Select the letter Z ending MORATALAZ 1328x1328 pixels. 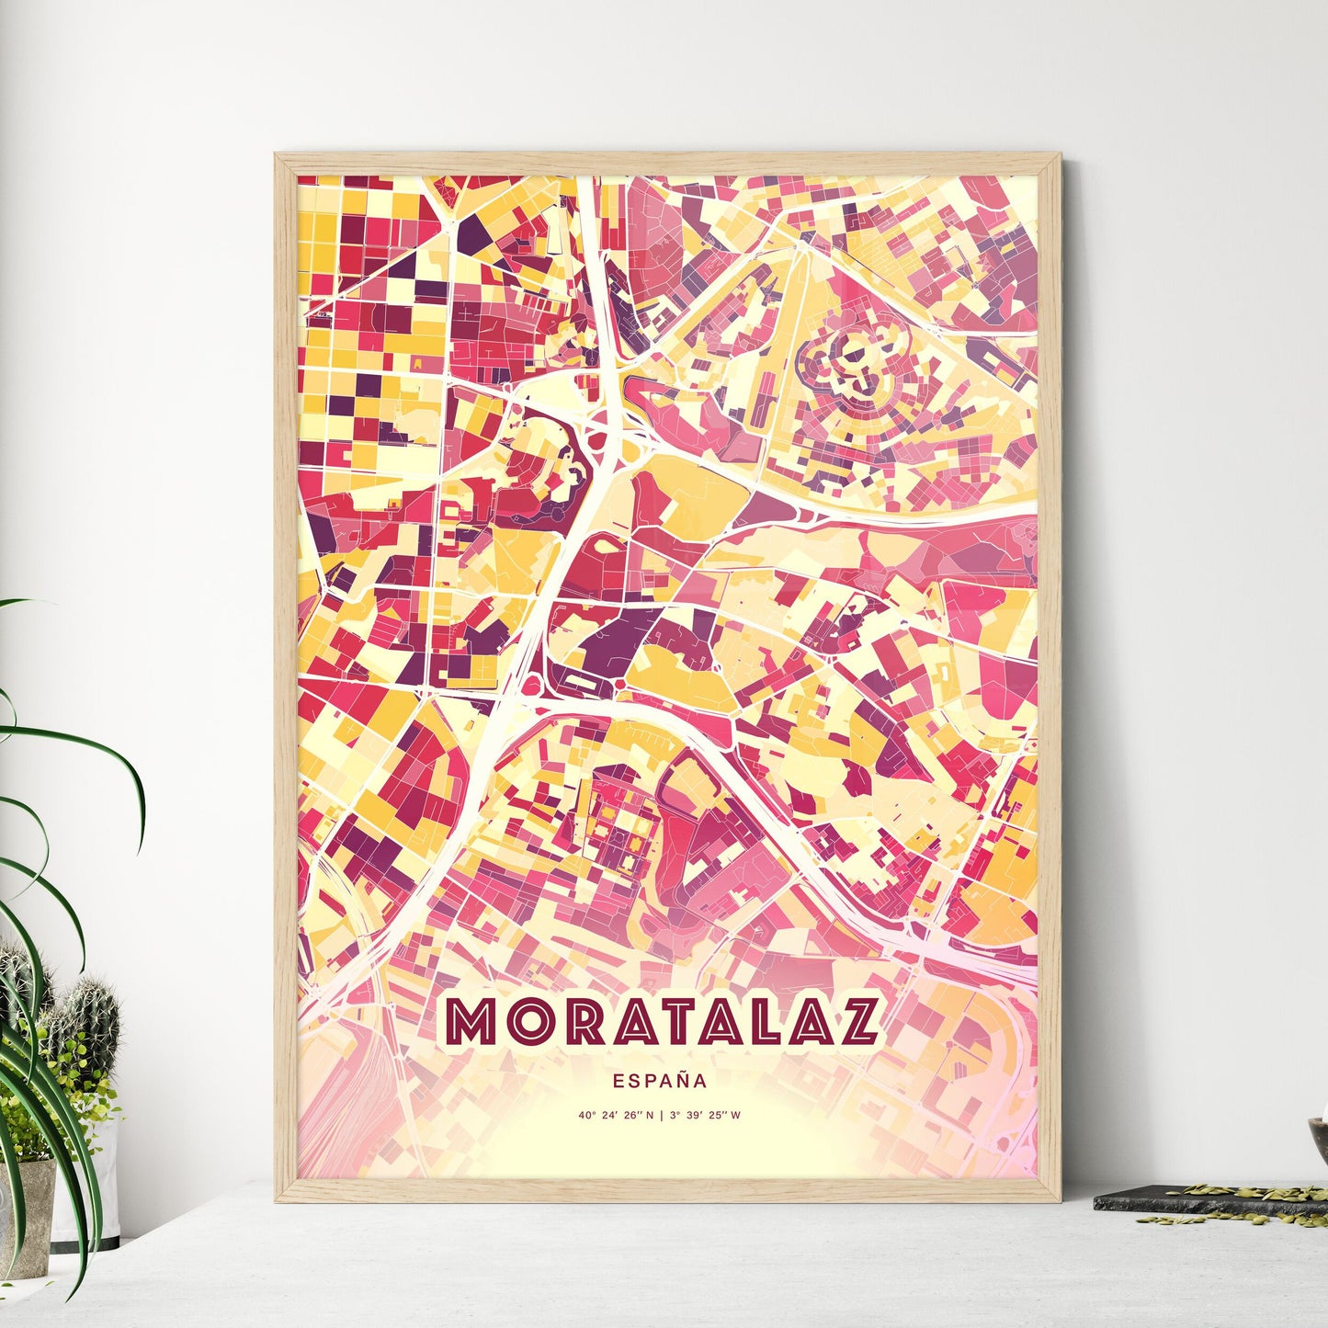(857, 1021)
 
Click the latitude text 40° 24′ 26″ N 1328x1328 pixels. (616, 1116)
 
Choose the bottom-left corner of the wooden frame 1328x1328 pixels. (278, 1198)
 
